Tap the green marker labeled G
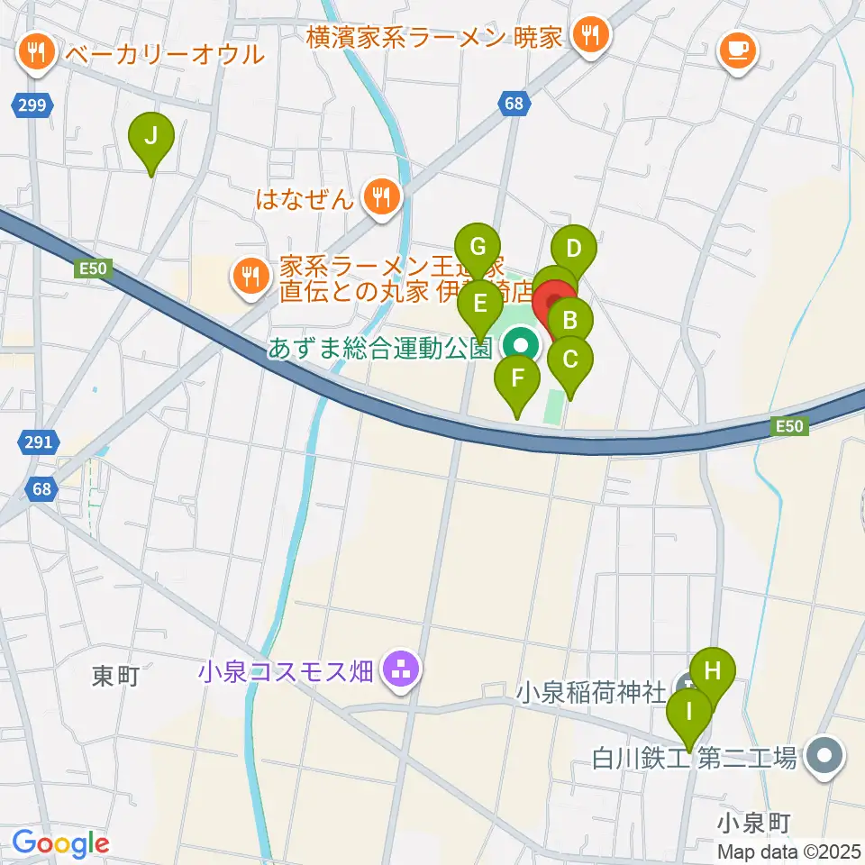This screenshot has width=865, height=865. pyautogui.click(x=478, y=247)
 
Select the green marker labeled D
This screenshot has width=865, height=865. pyautogui.click(x=574, y=247)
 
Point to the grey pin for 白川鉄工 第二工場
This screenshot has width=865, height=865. pyautogui.click(x=824, y=756)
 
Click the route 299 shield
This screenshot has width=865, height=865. pyautogui.click(x=32, y=106)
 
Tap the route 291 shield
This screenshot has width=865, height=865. pyautogui.click(x=38, y=442)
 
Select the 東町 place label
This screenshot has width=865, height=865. pyautogui.click(x=116, y=676)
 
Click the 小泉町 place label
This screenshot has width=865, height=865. pyautogui.click(x=754, y=822)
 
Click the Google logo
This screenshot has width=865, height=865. pyautogui.click(x=60, y=843)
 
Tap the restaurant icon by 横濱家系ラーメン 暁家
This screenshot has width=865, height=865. pyautogui.click(x=591, y=37)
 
